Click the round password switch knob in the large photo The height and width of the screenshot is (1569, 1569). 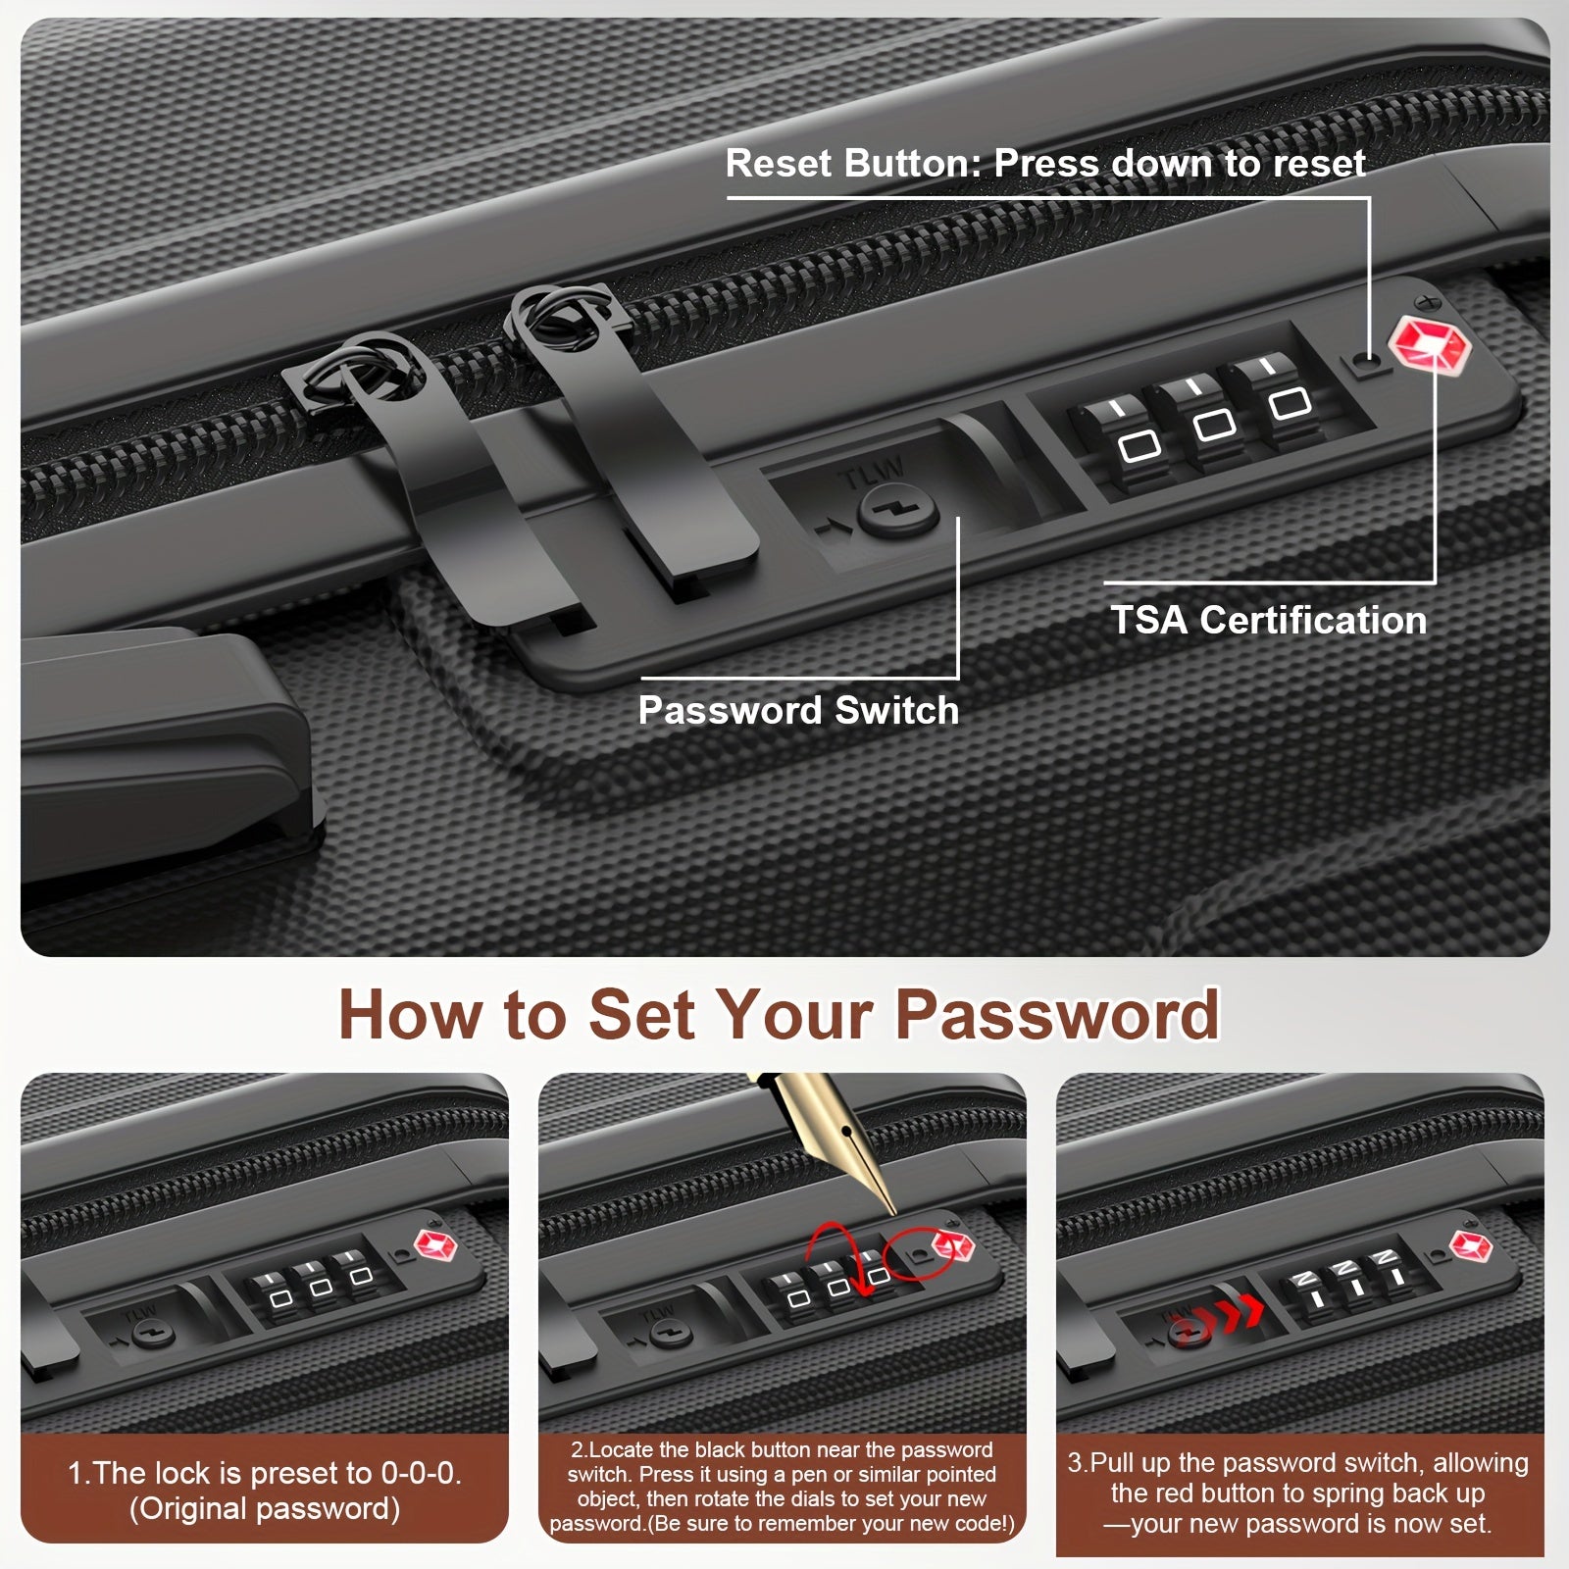(x=897, y=512)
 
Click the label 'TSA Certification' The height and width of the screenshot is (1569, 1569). (x=1268, y=620)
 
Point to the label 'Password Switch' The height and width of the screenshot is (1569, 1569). (x=798, y=710)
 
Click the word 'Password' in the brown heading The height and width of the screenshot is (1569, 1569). (x=1057, y=1014)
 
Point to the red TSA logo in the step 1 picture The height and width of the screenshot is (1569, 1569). (x=436, y=1245)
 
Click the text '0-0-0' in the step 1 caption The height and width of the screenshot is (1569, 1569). (x=422, y=1473)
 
